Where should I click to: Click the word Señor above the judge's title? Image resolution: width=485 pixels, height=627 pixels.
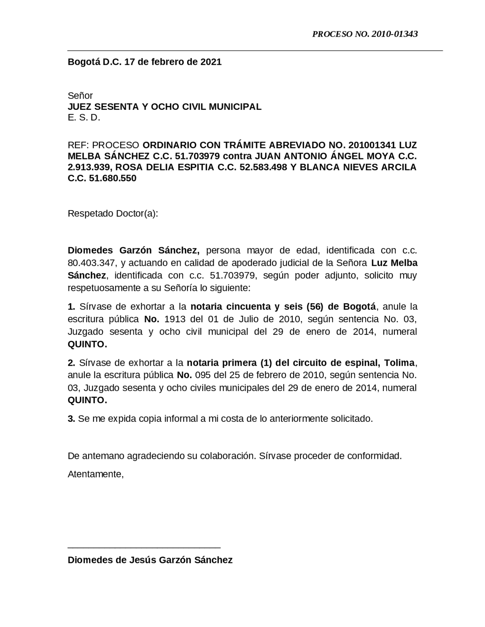coord(80,96)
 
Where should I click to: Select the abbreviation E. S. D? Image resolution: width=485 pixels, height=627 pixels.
coord(84,118)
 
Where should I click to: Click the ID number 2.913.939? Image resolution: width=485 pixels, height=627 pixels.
coord(87,167)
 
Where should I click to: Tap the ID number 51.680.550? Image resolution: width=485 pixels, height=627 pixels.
coord(113,178)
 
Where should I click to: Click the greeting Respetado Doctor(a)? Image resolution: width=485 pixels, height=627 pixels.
coord(113,214)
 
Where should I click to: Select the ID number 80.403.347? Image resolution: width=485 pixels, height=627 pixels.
coord(92,263)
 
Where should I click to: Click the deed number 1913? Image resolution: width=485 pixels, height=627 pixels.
coord(175,319)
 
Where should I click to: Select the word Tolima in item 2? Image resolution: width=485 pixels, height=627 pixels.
coord(400,363)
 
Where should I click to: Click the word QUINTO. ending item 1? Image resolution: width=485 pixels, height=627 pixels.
coord(87,345)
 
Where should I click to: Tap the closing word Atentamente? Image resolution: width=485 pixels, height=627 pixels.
coord(95,474)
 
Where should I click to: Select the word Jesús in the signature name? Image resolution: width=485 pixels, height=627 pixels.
coord(144,560)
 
